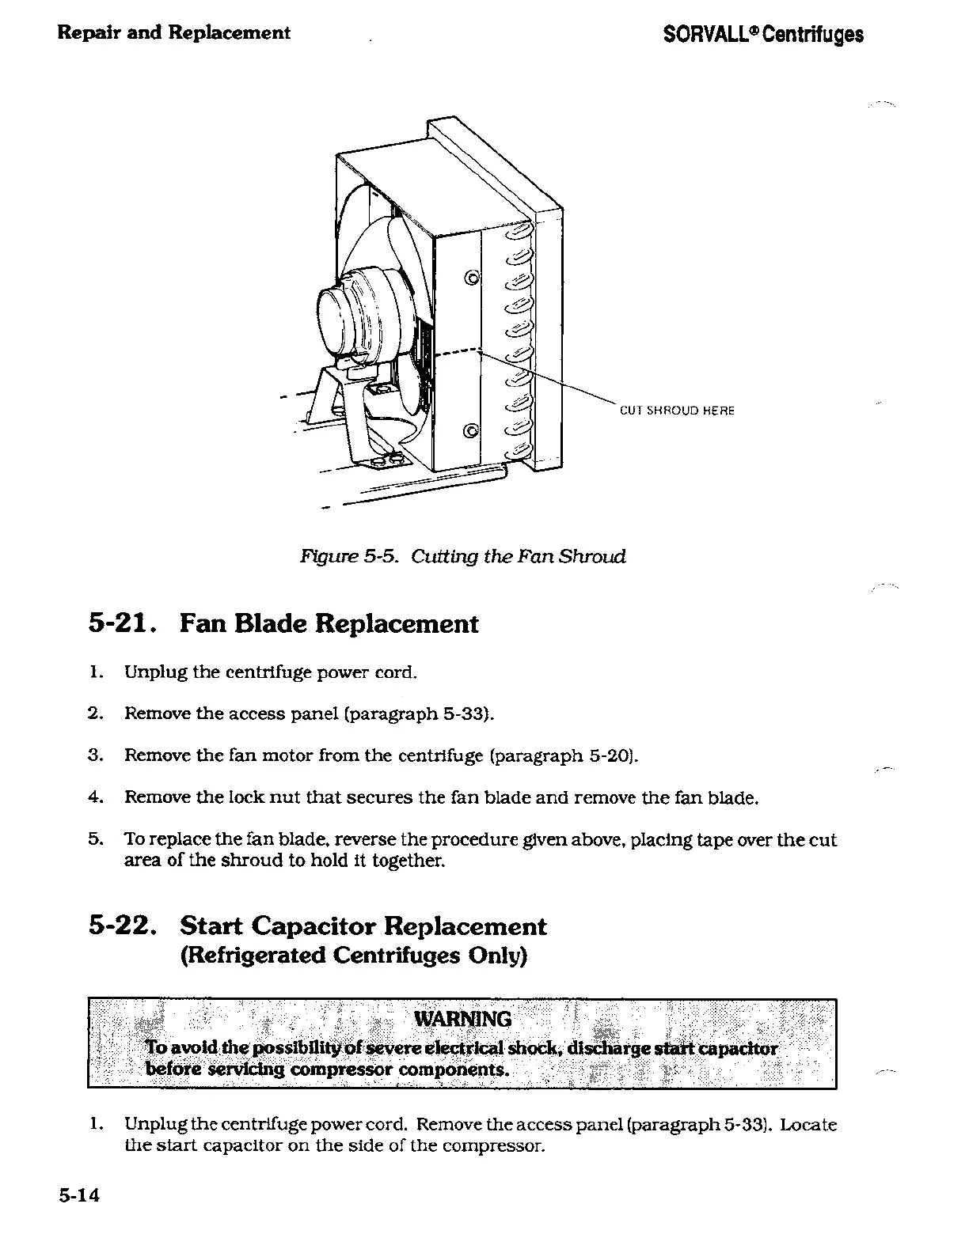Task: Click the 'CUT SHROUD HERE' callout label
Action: click(x=677, y=411)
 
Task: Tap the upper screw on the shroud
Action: click(x=472, y=277)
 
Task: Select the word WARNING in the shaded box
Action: click(x=463, y=1018)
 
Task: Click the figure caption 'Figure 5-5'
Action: click(x=342, y=556)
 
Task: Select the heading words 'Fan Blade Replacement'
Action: click(x=329, y=624)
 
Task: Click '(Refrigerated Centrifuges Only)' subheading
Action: click(x=354, y=956)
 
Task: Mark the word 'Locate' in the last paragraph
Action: click(x=808, y=1124)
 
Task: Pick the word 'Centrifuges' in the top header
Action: click(x=818, y=35)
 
